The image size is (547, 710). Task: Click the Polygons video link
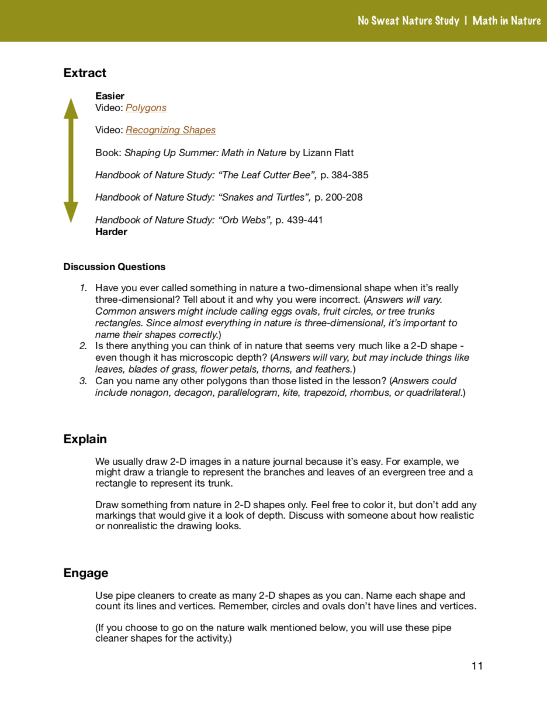(146, 108)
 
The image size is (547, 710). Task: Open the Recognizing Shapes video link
(171, 130)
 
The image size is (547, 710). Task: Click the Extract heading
(85, 73)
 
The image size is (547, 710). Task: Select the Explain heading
(85, 439)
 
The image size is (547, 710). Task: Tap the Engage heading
(85, 573)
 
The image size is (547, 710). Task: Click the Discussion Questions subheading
(114, 267)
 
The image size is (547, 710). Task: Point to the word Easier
(110, 96)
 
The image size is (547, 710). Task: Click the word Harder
(111, 232)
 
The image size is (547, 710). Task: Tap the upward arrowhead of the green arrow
(71, 108)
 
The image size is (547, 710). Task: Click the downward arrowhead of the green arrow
(71, 212)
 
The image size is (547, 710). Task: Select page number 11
(477, 666)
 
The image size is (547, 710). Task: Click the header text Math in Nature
(507, 20)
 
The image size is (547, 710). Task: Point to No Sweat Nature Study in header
(408, 20)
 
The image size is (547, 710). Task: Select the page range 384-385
(350, 175)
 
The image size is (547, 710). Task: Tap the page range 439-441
(305, 220)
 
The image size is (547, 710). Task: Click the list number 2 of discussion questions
(83, 346)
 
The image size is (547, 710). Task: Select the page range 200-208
(344, 197)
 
